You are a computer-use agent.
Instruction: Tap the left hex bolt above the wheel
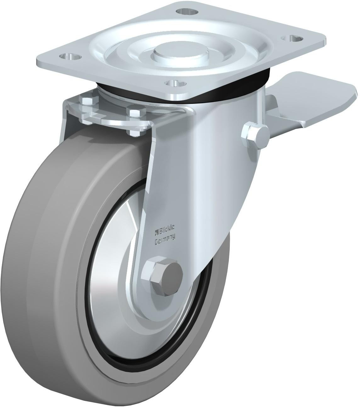tap(89, 102)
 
